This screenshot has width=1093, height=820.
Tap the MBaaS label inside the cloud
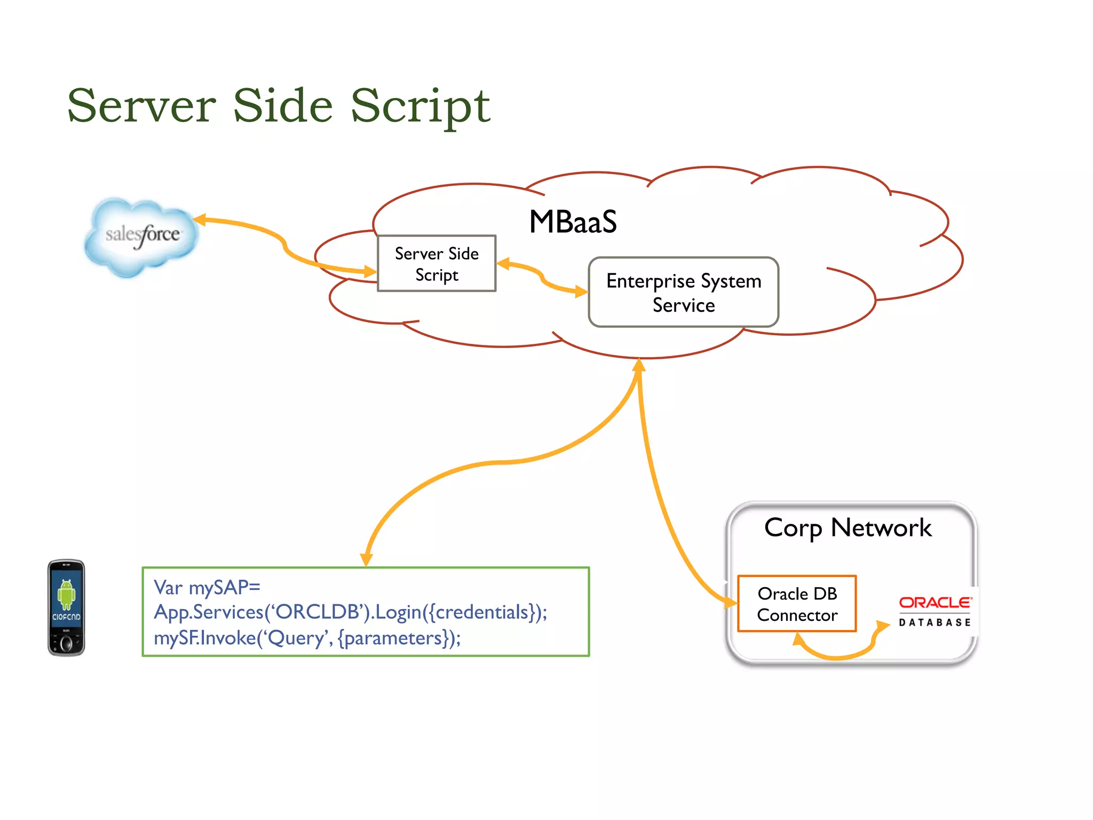coord(573,222)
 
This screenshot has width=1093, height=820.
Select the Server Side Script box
coord(437,264)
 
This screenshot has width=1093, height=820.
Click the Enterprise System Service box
coord(683,293)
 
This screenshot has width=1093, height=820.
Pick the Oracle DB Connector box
coord(797,604)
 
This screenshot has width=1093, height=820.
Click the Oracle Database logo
coord(934,611)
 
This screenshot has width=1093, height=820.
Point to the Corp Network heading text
coord(848,527)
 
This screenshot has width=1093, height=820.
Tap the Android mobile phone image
coord(66,608)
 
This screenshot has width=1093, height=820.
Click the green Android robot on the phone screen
coord(66,594)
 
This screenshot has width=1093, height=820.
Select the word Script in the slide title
coord(420,106)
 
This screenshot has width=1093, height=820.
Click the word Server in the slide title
coord(141,106)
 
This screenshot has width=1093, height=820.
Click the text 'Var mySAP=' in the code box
coord(207,587)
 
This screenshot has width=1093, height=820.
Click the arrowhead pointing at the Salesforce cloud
coord(200,219)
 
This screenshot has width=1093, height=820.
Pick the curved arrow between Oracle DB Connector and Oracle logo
coord(838,655)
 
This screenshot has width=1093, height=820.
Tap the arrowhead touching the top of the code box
coord(366,559)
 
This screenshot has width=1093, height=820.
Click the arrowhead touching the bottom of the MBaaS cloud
coord(639,365)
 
